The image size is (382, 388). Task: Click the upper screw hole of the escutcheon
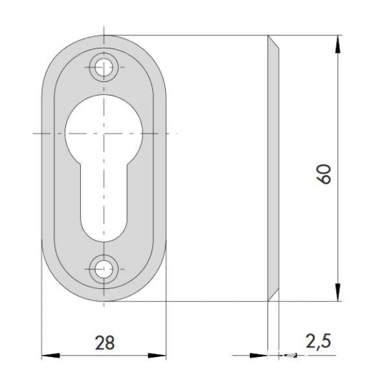pyautogui.click(x=104, y=67)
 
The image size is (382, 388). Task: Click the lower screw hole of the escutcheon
pyautogui.click(x=104, y=269)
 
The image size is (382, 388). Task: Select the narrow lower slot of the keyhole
pyautogui.click(x=104, y=203)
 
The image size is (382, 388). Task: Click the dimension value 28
pyautogui.click(x=105, y=343)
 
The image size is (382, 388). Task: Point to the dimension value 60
pyautogui.click(x=324, y=174)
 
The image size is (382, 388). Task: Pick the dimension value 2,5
pyautogui.click(x=318, y=341)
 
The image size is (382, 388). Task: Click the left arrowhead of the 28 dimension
pyautogui.click(x=51, y=356)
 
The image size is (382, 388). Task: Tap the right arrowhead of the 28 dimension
pyautogui.click(x=157, y=356)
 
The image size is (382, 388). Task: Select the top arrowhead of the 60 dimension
pyautogui.click(x=338, y=44)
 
